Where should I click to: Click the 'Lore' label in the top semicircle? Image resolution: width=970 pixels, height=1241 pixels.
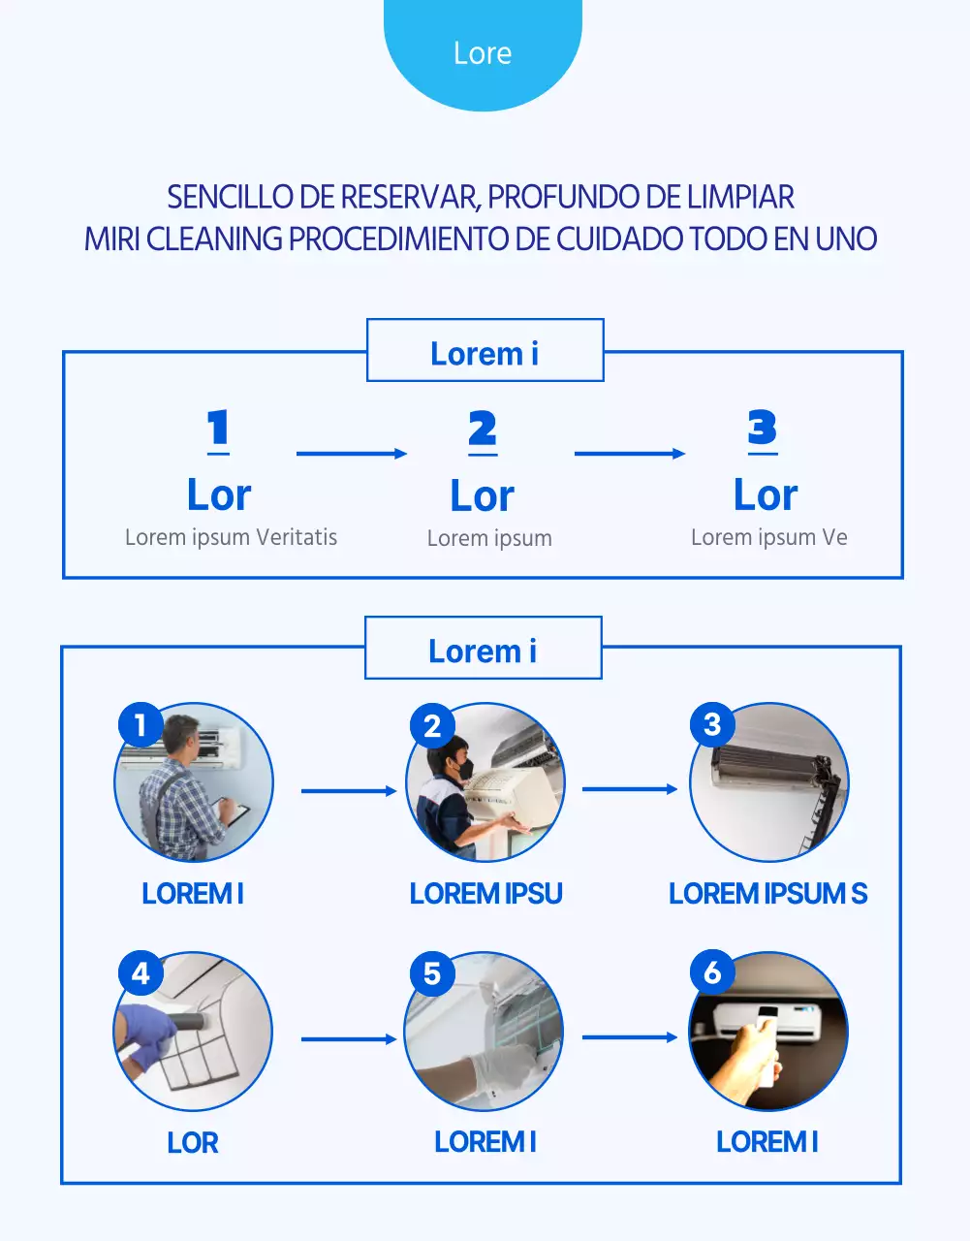point(483,53)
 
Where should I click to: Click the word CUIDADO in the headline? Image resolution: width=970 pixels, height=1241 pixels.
point(620,239)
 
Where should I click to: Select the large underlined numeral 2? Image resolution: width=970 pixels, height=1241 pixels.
point(483,430)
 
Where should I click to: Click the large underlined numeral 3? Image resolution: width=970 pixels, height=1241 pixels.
point(763,429)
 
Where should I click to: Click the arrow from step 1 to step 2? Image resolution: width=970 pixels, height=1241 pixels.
point(351,453)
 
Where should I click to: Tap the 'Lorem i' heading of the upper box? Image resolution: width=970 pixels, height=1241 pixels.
point(485,354)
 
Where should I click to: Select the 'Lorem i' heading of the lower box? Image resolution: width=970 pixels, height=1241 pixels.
point(483,652)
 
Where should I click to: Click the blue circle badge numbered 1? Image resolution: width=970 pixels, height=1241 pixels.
point(141,725)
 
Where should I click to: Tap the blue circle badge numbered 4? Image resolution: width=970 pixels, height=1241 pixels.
point(141,973)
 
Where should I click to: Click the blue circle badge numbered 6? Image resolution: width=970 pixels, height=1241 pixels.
point(712,972)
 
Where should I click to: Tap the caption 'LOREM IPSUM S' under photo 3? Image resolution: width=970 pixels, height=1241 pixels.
point(767,894)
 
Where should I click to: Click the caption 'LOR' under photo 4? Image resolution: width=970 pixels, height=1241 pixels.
point(192,1143)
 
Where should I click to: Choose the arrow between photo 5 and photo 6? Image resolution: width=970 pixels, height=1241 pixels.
point(629,1037)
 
